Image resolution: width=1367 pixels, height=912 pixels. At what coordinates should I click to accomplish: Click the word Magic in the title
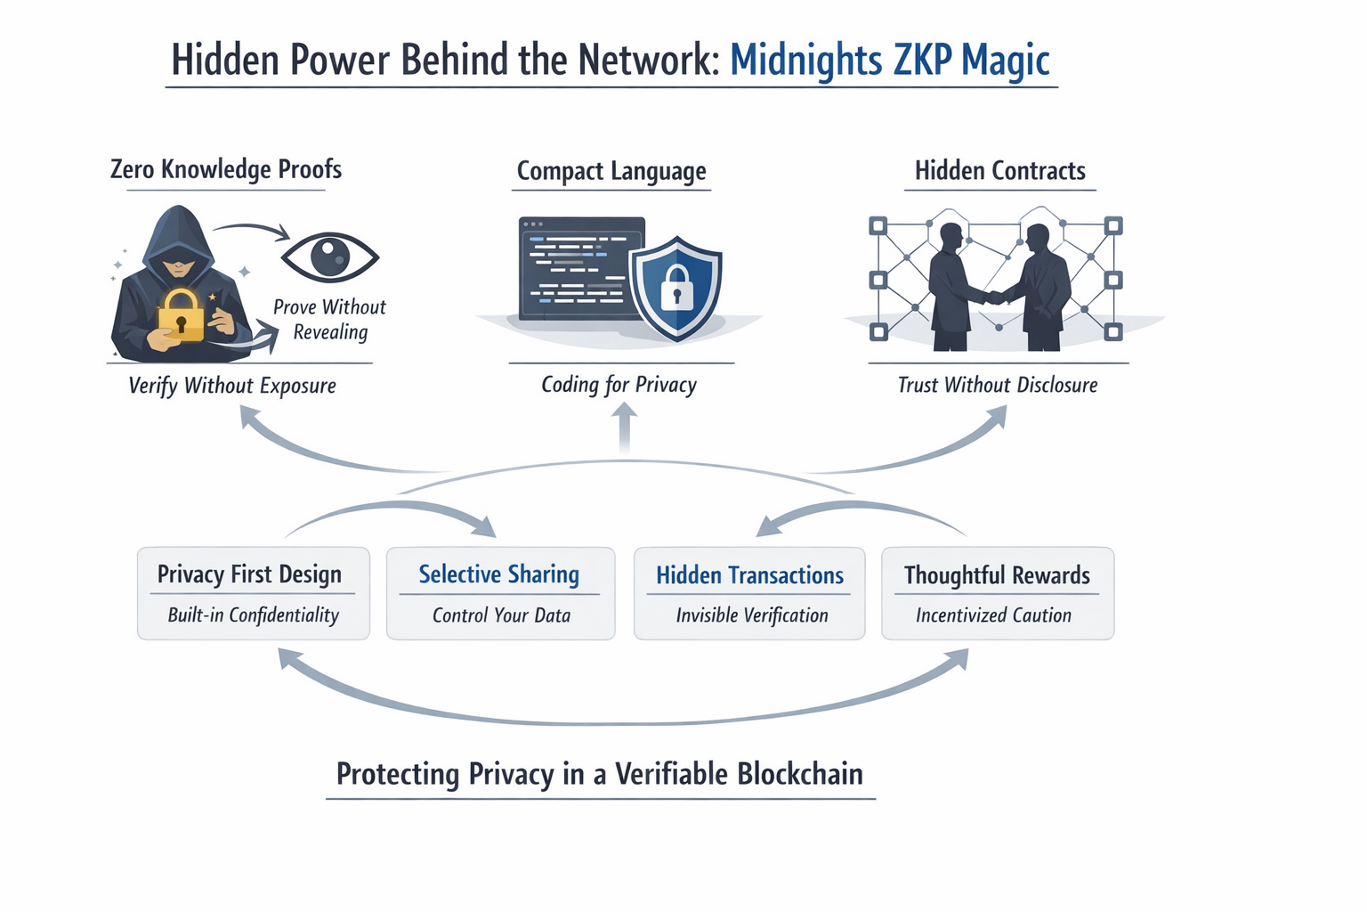pos(1006,61)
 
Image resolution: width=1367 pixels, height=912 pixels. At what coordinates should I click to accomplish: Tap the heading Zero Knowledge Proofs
pos(226,169)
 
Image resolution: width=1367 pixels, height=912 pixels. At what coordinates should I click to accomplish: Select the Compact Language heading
pos(611,171)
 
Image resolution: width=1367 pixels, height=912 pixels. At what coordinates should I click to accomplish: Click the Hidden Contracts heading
pos(999,171)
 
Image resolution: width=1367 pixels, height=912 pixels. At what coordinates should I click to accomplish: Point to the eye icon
pos(330,256)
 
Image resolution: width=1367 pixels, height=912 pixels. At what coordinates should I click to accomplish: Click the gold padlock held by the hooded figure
pos(181,315)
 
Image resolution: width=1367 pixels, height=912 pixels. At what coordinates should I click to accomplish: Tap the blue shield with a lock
pos(676,287)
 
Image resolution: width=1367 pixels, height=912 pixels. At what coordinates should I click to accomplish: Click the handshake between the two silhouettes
pos(996,297)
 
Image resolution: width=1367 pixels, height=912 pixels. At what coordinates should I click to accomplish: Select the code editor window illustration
pos(578,267)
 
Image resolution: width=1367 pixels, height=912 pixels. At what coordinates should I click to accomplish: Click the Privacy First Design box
pos(253,593)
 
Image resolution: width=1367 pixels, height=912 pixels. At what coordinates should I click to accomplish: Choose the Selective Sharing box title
pos(499,574)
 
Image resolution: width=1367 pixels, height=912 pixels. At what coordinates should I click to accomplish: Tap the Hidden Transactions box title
pos(749,575)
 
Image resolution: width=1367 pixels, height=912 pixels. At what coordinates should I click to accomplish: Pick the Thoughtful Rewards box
pos(997,593)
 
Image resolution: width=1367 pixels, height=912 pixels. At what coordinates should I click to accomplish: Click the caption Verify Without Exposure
pos(232,386)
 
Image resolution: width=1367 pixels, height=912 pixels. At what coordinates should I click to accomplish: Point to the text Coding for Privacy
pos(619,385)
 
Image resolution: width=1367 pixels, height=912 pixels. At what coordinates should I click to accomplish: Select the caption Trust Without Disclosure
pos(998,385)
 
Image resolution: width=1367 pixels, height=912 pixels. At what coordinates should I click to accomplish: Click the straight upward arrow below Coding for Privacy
pos(625,427)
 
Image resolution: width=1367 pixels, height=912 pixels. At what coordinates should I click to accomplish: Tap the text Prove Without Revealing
pos(330,319)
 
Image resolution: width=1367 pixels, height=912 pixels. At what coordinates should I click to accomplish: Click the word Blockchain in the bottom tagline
pos(800,774)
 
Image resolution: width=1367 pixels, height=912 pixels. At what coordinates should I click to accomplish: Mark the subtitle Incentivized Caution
pos(993,615)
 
